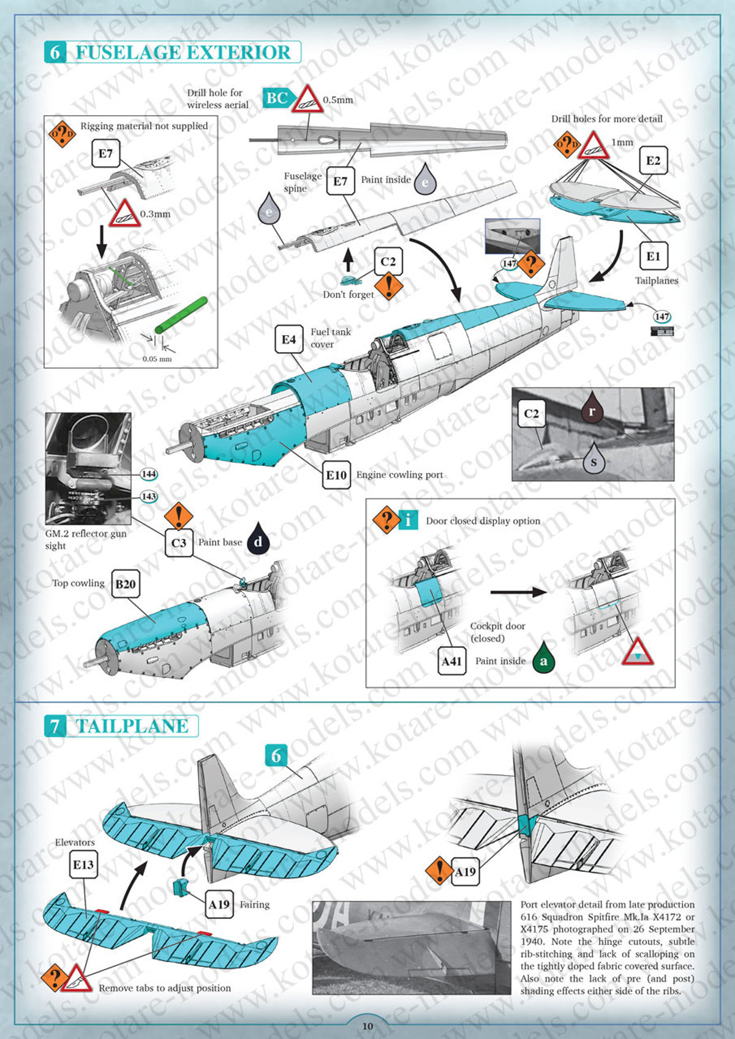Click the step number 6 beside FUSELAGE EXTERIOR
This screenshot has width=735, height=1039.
tap(55, 52)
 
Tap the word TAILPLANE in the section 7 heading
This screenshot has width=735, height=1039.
tap(133, 726)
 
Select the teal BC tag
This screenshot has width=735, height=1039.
tap(277, 98)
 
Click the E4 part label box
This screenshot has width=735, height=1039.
tap(288, 339)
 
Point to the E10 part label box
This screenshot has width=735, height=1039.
tap(336, 474)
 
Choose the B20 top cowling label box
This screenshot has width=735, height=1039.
tap(126, 583)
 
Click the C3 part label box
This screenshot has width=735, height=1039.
tap(179, 542)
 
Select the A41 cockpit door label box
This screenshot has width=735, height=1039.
tap(451, 661)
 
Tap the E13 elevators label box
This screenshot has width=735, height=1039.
tap(83, 864)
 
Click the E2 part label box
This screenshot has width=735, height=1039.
tap(654, 160)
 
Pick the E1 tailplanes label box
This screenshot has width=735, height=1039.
tap(654, 256)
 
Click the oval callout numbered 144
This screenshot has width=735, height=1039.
tap(148, 474)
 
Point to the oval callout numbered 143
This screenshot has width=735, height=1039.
tap(148, 497)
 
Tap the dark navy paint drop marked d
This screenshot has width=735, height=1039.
tap(258, 539)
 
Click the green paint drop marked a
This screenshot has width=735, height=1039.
tap(543, 658)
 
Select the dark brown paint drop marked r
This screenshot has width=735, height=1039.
tap(592, 408)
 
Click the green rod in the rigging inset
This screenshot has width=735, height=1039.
tap(181, 315)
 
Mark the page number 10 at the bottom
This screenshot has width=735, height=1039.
tap(367, 1026)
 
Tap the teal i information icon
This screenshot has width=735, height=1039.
tap(408, 520)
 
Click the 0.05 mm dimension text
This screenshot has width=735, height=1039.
tap(157, 359)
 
